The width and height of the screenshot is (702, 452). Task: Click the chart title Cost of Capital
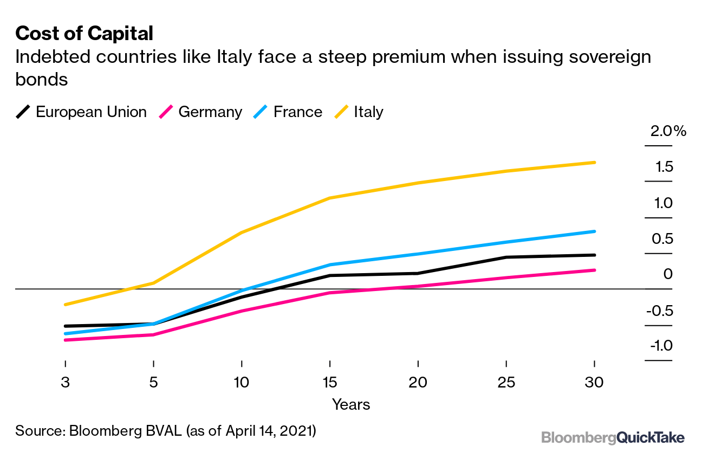click(x=84, y=34)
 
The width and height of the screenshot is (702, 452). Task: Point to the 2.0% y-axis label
click(x=668, y=132)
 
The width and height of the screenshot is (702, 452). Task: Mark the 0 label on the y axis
click(x=668, y=274)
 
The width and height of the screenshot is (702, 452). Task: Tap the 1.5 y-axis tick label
click(x=664, y=167)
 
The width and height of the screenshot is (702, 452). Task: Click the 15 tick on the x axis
click(x=329, y=383)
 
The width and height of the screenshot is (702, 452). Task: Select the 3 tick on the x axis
click(x=65, y=383)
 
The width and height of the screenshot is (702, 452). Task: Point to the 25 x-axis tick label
click(x=505, y=383)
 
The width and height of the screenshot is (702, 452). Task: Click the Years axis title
click(x=351, y=404)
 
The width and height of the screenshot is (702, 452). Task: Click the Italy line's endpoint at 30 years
click(x=594, y=163)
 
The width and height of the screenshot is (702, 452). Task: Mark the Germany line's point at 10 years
click(x=242, y=311)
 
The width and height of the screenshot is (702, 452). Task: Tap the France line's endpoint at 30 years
click(x=594, y=231)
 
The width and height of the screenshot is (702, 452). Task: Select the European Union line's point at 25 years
click(x=506, y=257)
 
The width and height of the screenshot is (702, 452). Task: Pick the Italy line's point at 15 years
click(x=330, y=198)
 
